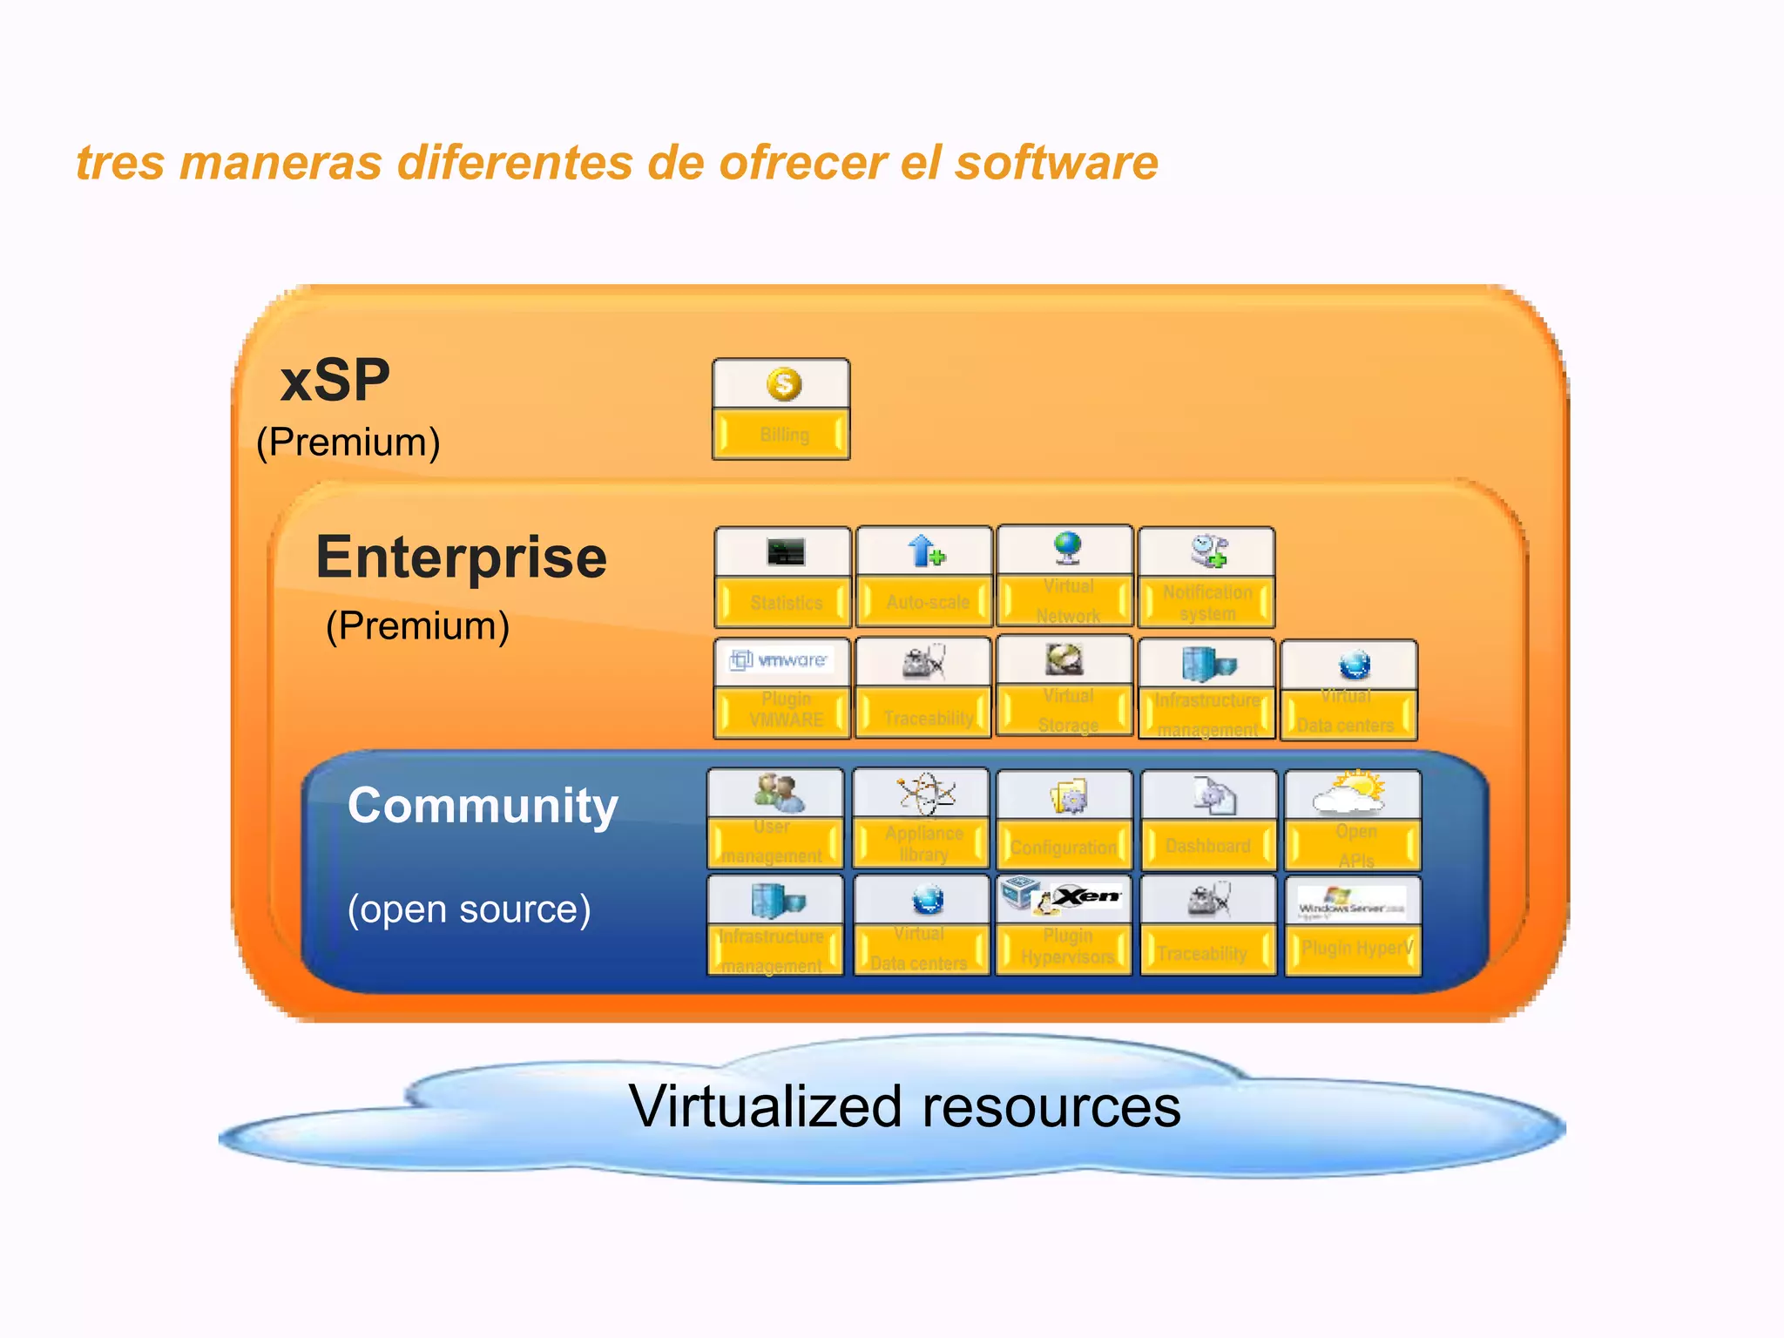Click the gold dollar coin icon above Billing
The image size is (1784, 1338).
[x=784, y=384]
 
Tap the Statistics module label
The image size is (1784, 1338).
[x=786, y=603]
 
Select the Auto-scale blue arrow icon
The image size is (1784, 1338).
[x=925, y=551]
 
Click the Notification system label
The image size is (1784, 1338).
[x=1207, y=603]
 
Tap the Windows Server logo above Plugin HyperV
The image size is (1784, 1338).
[x=1351, y=902]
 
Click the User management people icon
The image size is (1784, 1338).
[x=778, y=792]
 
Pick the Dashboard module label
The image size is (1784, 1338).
[x=1207, y=846]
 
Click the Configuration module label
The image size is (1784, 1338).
[x=1064, y=848]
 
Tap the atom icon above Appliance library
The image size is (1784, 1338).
[x=925, y=793]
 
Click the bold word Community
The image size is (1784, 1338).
[x=483, y=805]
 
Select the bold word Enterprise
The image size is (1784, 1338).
[x=461, y=557]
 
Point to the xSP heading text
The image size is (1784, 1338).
[x=334, y=381]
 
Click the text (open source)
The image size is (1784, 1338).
[x=469, y=909]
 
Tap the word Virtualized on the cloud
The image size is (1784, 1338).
[x=766, y=1106]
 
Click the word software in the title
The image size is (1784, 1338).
[x=1056, y=163]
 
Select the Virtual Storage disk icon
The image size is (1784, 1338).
[x=1064, y=660]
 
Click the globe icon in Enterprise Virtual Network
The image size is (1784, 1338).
[x=1067, y=547]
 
